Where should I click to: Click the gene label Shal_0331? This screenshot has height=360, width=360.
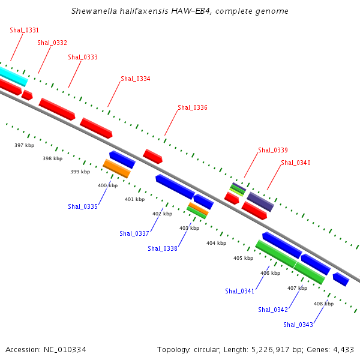tap(25, 30)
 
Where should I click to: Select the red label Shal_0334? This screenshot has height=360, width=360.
tap(136, 79)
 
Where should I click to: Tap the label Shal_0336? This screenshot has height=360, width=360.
tap(193, 107)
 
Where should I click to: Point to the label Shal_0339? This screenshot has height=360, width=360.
tap(273, 150)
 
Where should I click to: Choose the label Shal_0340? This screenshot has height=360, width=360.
tap(296, 163)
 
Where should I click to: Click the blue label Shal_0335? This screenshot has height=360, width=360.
tap(83, 206)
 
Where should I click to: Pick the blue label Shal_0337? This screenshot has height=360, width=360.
tap(134, 233)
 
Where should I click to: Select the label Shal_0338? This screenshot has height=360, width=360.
tap(163, 248)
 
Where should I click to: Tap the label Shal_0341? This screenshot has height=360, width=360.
tap(240, 291)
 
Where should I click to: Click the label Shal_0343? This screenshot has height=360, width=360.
tap(298, 325)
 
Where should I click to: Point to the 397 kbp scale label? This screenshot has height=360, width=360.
tap(24, 145)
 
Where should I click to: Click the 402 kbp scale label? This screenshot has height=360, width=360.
tap(162, 214)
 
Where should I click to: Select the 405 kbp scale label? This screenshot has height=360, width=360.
tap(243, 258)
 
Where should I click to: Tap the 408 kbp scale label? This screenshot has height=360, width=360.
tap(323, 304)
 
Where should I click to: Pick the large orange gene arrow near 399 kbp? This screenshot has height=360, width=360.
tap(116, 169)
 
